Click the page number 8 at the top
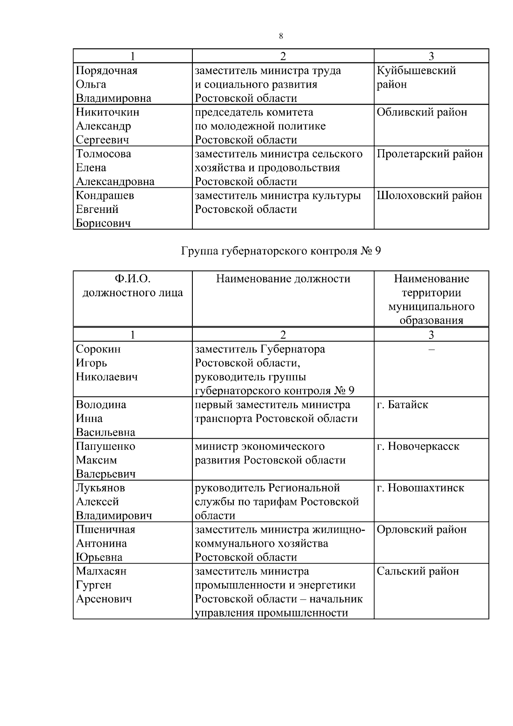point(281,36)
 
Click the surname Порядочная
point(106,71)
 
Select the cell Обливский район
point(422,112)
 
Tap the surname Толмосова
point(103,154)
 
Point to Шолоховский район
point(429,195)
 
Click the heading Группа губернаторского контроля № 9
point(281,251)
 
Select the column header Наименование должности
point(283,279)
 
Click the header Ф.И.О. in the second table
point(133,279)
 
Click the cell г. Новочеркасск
point(418,446)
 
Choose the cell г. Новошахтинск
point(420,488)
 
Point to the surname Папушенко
point(105,446)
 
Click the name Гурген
point(94,585)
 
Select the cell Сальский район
point(417,571)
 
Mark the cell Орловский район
point(421,530)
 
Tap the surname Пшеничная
point(105,530)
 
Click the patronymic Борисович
point(103,223)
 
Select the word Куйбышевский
point(416,71)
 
